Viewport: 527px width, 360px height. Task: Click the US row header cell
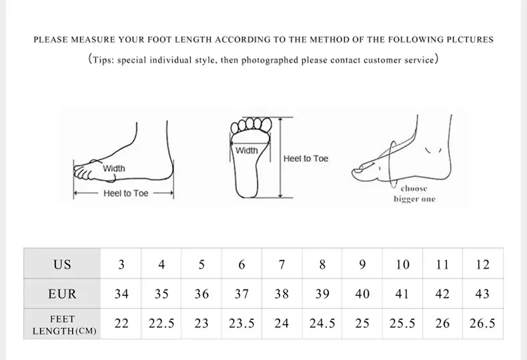62,264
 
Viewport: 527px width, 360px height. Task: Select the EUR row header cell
62,294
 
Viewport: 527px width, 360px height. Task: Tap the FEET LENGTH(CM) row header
62,325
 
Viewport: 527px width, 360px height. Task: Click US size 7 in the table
282,264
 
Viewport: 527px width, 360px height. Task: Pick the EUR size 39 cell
322,294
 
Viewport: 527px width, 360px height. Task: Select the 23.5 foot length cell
241,324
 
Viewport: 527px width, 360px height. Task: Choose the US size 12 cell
482,264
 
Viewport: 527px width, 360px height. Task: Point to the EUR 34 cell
121,294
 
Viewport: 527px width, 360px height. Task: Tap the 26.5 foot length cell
482,324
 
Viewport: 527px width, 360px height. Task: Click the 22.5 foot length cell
161,324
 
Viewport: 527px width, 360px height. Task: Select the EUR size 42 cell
442,294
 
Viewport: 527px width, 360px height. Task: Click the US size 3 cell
121,264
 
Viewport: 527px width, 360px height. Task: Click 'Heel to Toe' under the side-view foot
126,193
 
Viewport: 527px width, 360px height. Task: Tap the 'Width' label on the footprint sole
246,151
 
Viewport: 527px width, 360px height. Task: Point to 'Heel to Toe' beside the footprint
306,159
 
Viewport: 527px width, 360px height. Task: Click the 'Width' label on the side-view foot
113,169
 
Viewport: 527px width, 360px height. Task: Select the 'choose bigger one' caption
414,194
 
